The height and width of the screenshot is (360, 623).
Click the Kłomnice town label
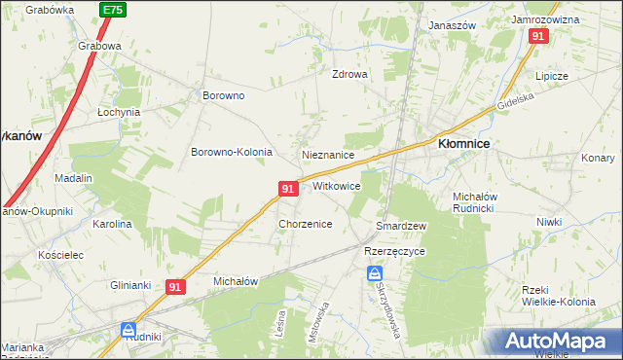tap(463, 143)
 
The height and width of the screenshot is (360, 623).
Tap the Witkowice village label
tap(337, 186)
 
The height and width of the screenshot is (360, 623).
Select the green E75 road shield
tap(112, 10)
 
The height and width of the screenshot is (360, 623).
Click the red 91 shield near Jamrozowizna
tap(539, 36)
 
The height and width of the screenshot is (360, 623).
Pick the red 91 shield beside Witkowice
tap(287, 187)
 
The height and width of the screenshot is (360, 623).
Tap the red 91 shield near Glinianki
tap(175, 287)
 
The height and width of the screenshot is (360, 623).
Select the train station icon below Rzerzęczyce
tap(375, 275)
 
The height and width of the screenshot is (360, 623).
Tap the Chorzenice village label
tap(306, 224)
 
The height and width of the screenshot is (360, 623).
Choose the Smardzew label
tap(402, 226)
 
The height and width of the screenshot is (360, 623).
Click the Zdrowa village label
tap(349, 74)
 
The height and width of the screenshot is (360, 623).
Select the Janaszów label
tap(452, 26)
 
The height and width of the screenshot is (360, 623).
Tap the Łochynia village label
tap(120, 112)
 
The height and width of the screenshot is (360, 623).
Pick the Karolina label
tap(112, 224)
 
